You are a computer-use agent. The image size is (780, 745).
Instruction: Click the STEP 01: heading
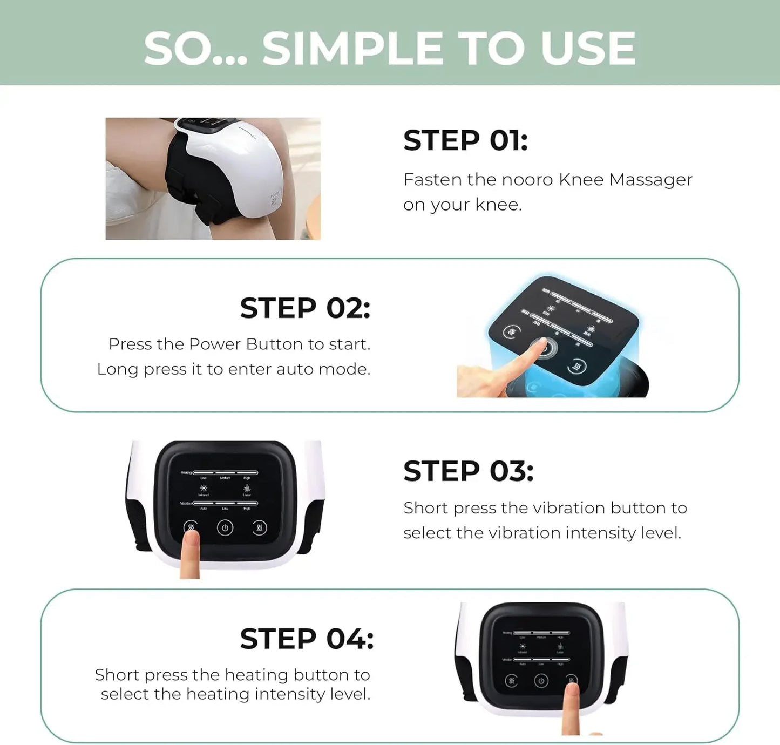pos(465,141)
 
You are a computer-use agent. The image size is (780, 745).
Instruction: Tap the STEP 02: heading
pos(305,308)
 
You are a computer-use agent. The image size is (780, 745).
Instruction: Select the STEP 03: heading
pos(468,471)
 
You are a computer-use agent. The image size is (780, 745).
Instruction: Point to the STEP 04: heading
pos(306,639)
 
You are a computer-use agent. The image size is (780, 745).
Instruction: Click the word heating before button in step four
pos(256,675)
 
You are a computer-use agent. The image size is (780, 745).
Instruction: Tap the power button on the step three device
pos(225,528)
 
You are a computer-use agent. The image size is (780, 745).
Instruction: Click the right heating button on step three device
pos(260,527)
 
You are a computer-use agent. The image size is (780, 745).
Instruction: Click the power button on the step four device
pos(541,681)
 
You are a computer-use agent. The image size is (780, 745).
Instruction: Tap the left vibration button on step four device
pos(511,681)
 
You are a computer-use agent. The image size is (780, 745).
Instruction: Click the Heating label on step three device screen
pos(186,472)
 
